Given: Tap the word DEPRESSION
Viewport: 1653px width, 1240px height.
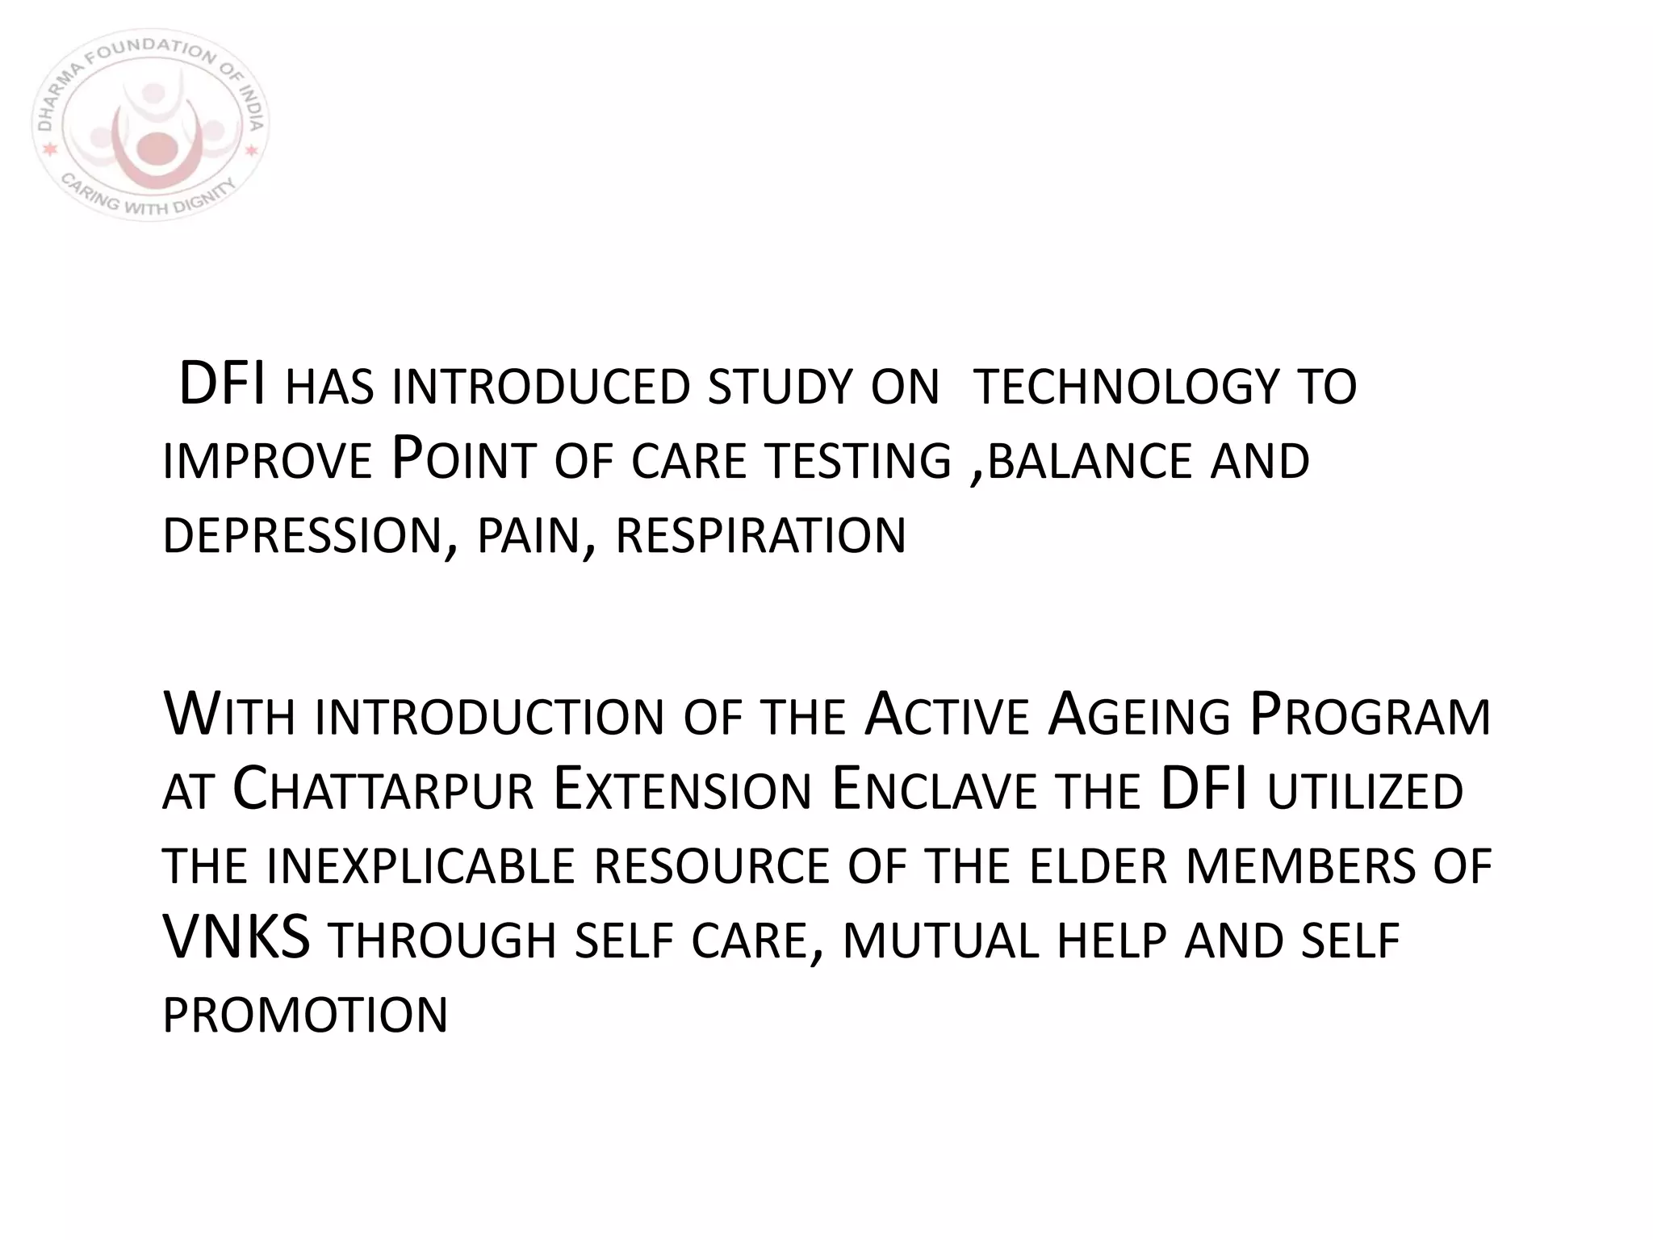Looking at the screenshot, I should point(302,535).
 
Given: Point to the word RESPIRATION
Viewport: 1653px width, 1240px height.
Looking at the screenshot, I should point(760,535).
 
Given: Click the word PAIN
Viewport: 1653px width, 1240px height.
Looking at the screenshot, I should point(528,537).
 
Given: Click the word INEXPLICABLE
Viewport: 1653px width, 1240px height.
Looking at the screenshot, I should point(420,866).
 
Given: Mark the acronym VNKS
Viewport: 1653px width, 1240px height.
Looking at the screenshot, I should point(236,939).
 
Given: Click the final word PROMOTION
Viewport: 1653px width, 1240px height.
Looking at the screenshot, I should point(305,1016).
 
